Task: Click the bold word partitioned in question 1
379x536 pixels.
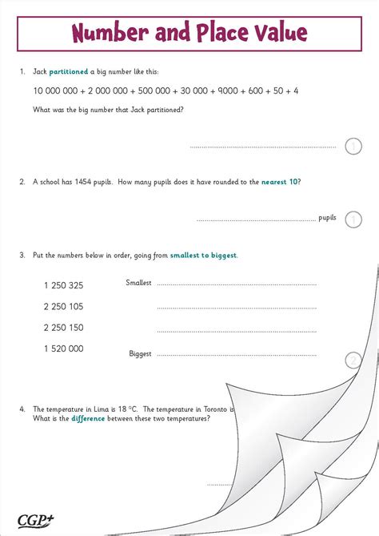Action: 69,72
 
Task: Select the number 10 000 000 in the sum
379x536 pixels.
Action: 54,91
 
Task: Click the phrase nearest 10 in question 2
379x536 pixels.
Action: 280,183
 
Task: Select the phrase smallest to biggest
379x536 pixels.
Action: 203,256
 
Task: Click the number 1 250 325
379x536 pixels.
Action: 63,285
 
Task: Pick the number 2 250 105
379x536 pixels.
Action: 63,307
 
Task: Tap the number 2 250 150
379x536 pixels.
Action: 63,328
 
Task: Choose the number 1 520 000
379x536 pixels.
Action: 63,349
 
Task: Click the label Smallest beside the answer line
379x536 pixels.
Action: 138,283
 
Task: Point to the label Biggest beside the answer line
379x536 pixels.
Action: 140,353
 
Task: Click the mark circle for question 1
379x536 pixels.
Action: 353,146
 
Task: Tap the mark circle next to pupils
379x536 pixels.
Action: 353,219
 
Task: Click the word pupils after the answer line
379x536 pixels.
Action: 327,218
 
